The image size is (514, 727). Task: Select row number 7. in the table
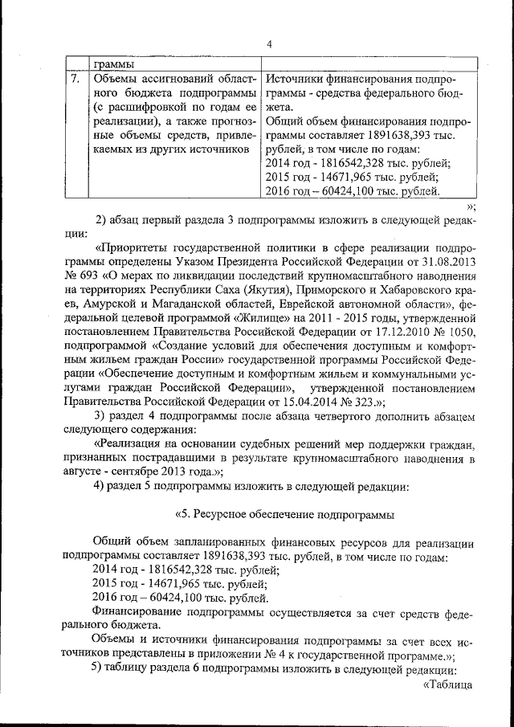(x=75, y=80)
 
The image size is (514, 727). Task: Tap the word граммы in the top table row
(x=113, y=64)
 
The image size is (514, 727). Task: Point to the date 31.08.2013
(x=447, y=263)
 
